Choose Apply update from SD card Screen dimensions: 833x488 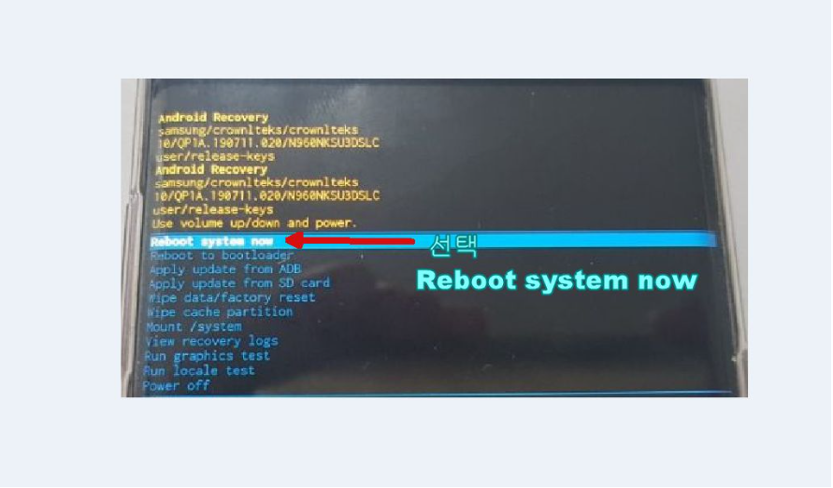[x=238, y=283]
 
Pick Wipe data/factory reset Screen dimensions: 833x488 [x=231, y=298]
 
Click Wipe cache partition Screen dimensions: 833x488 [x=220, y=312]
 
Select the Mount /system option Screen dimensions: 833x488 [x=194, y=327]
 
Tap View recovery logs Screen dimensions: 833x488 [x=211, y=341]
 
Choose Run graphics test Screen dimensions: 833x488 [x=207, y=356]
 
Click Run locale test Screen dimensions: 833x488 [x=199, y=370]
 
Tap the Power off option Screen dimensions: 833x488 [x=177, y=385]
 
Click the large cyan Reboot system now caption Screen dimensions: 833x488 [x=556, y=280]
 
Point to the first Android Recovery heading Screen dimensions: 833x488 [x=213, y=118]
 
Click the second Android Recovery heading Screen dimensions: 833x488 [x=211, y=170]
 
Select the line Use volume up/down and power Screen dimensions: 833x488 [x=254, y=223]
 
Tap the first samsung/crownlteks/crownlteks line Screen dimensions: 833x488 [x=258, y=130]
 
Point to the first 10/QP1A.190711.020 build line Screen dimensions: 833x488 [x=269, y=143]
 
